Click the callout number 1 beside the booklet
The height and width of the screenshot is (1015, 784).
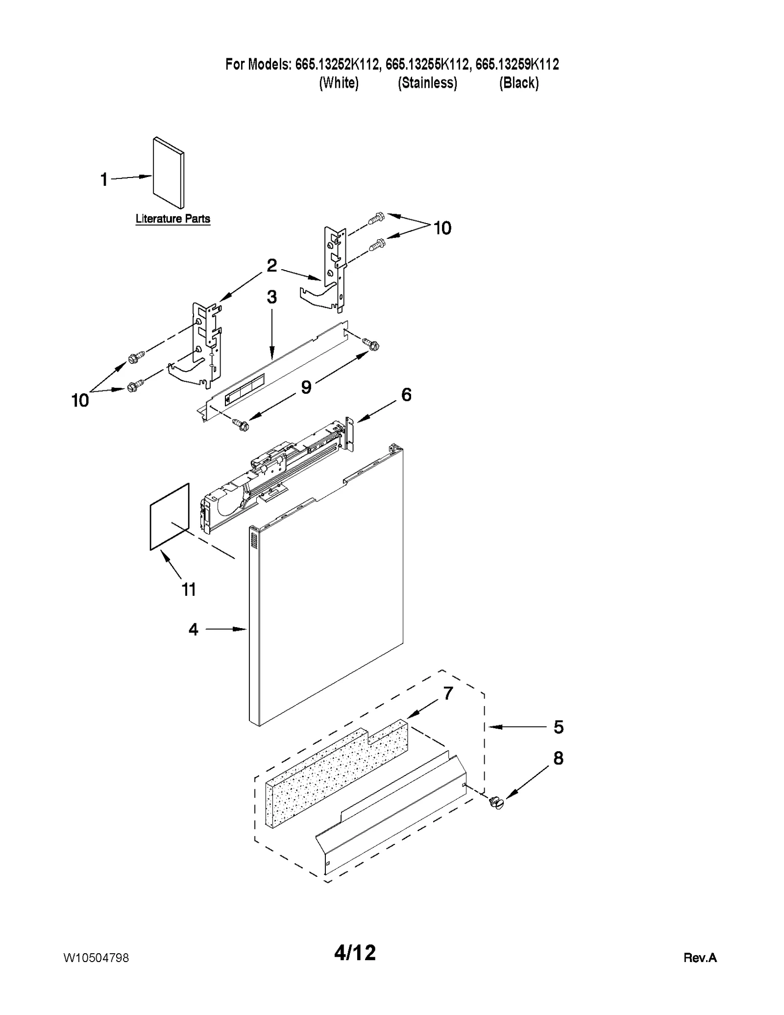tap(104, 179)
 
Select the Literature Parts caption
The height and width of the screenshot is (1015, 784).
tap(172, 219)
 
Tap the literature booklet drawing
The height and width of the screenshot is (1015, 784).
tap(169, 173)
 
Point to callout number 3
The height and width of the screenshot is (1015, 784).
tap(271, 297)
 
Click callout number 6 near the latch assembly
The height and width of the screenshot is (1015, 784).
tap(406, 395)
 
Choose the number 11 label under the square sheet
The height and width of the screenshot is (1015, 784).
tap(189, 589)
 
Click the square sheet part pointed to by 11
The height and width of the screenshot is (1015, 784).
tap(170, 517)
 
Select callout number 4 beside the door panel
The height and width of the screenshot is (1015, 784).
tap(194, 630)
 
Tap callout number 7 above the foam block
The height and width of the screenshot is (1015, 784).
tap(448, 693)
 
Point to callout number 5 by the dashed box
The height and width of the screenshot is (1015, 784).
tap(559, 727)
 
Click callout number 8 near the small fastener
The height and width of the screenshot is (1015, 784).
tap(558, 759)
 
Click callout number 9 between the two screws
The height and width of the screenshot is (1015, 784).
tap(306, 387)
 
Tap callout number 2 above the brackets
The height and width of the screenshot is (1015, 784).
tap(271, 265)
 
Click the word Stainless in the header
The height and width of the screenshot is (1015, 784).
tap(427, 83)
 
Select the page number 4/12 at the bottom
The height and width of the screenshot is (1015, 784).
tap(355, 953)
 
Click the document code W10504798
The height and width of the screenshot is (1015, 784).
tap(96, 958)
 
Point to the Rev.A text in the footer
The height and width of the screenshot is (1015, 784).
tap(700, 958)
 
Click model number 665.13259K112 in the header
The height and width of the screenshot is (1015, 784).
tap(517, 64)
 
